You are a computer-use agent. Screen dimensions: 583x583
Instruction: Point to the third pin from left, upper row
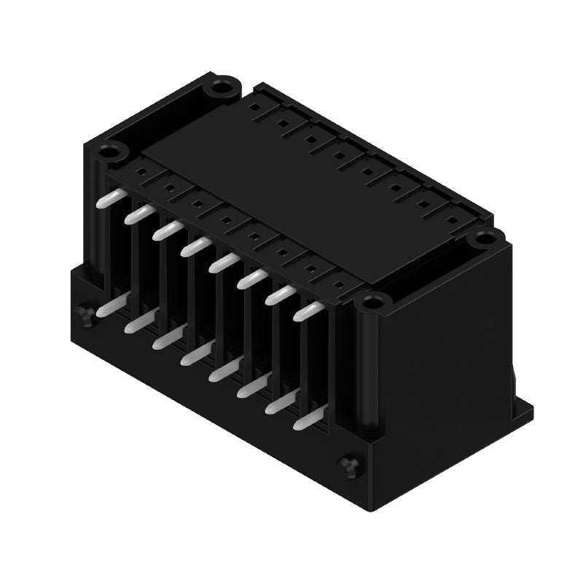pyautogui.click(x=165, y=230)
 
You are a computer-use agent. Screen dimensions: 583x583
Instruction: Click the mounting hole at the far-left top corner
pyautogui.click(x=111, y=152)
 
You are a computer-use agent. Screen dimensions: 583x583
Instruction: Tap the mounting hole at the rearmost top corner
pyautogui.click(x=219, y=89)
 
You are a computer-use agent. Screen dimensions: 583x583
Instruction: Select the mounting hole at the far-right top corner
pyautogui.click(x=482, y=238)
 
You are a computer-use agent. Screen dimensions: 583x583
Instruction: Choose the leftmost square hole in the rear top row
pyautogui.click(x=253, y=106)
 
